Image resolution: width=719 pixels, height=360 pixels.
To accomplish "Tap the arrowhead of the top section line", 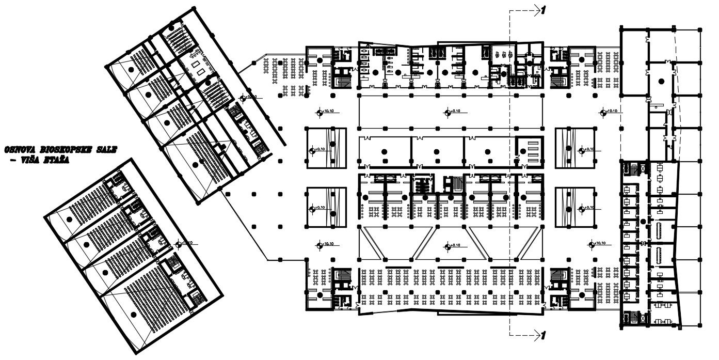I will click(535, 9).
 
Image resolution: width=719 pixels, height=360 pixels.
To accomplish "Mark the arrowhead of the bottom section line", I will click(535, 335).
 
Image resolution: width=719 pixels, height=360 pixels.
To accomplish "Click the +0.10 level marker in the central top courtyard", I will click(448, 112).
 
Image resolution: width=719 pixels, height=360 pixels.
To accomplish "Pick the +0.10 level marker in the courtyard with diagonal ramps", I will click(448, 245).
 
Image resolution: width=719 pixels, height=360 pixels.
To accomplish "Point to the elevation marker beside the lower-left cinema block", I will click(178, 243).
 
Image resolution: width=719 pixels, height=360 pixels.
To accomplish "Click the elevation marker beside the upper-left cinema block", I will click(244, 97).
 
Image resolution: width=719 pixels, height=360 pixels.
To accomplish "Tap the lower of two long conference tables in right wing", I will click(659, 255).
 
